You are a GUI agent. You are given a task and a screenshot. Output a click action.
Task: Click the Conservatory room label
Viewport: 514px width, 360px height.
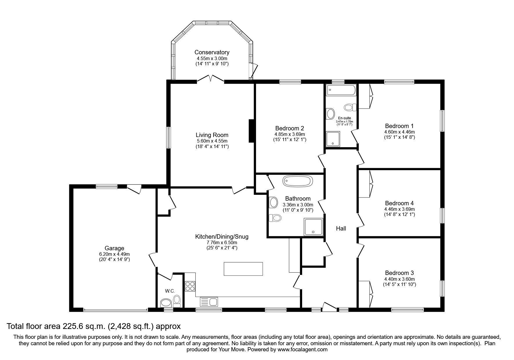pyautogui.click(x=212, y=52)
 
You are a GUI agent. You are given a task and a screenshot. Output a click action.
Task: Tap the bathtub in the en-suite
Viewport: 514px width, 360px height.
pyautogui.click(x=341, y=90)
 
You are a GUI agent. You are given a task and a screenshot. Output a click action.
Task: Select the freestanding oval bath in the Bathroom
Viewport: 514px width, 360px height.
pyautogui.click(x=298, y=181)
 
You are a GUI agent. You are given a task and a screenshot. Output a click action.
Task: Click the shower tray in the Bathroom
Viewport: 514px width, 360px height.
pyautogui.click(x=313, y=227)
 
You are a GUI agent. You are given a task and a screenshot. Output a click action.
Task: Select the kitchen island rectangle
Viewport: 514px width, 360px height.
pyautogui.click(x=243, y=269)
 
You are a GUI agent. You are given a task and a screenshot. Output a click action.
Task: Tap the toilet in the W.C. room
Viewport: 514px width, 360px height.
pyautogui.click(x=177, y=301)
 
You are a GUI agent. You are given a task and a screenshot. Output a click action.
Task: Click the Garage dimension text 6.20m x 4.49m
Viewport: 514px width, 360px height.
pyautogui.click(x=114, y=254)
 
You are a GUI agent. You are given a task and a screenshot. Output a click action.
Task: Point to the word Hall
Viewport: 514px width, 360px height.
pyautogui.click(x=341, y=228)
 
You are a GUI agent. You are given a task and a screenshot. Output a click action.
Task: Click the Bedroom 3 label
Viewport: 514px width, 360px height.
pyautogui.click(x=399, y=273)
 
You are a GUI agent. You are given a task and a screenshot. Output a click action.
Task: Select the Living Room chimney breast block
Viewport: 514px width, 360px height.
pyautogui.click(x=251, y=131)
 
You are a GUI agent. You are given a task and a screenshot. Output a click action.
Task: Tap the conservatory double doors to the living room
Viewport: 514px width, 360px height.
pyautogui.click(x=211, y=79)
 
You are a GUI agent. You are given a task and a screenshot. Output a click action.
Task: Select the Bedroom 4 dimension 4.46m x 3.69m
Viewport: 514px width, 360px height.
pyautogui.click(x=399, y=209)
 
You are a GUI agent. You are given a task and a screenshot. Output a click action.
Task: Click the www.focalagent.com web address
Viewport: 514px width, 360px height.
pyautogui.click(x=302, y=350)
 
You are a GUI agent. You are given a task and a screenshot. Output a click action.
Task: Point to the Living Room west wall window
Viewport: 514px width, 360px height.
pyautogui.click(x=168, y=138)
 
